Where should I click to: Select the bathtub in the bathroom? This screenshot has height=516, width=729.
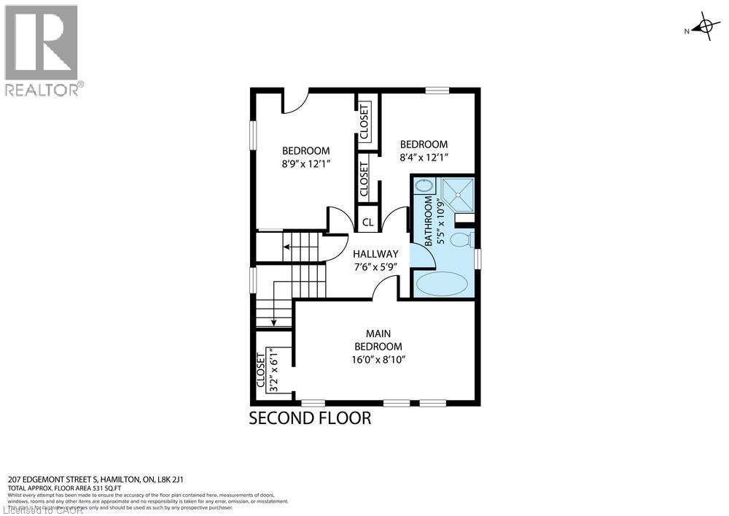pyautogui.click(x=442, y=283)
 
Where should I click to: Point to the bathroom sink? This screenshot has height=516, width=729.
pyautogui.click(x=423, y=186)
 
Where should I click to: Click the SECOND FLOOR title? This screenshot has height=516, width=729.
pyautogui.click(x=310, y=418)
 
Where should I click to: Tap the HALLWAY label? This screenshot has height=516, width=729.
pyautogui.click(x=375, y=254)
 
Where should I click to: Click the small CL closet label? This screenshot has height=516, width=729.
pyautogui.click(x=368, y=223)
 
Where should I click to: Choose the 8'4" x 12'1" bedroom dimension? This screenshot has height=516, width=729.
pyautogui.click(x=424, y=157)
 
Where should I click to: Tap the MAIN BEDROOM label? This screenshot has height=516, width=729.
pyautogui.click(x=378, y=340)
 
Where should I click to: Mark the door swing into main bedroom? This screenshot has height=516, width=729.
pyautogui.click(x=385, y=290)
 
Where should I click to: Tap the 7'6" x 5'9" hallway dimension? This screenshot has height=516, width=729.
pyautogui.click(x=375, y=267)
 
